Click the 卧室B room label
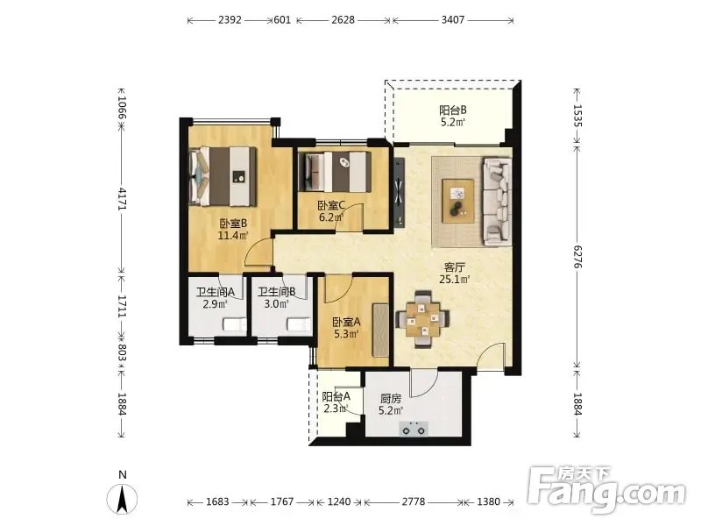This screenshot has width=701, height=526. pos(233,224)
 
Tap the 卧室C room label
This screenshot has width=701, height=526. pos(331,206)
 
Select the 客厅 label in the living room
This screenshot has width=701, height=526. pos(454,267)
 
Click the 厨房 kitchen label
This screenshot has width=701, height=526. pos(390,398)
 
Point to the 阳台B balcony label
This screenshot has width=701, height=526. pos(453,110)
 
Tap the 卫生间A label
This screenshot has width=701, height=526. pos(216,292)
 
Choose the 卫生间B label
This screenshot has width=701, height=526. pos(277,292)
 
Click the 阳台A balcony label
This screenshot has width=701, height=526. pos(336,396)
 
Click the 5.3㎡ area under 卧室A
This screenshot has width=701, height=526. pos(346,334)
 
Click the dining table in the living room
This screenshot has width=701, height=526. pos(422,319)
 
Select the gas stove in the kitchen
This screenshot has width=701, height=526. pos(414,429)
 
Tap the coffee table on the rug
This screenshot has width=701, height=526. pos(458,201)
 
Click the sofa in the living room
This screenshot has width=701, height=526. pos(497,202)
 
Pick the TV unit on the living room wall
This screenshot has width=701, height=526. pos(400,192)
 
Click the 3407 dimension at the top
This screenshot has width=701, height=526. pos(453,19)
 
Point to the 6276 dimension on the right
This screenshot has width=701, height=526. pos(577,257)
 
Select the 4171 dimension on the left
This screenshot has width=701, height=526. pos(122,199)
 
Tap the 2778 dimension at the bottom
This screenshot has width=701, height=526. pos(413,501)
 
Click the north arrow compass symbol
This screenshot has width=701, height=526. pos(122,497)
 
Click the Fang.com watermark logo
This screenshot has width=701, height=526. pos(606,490)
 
